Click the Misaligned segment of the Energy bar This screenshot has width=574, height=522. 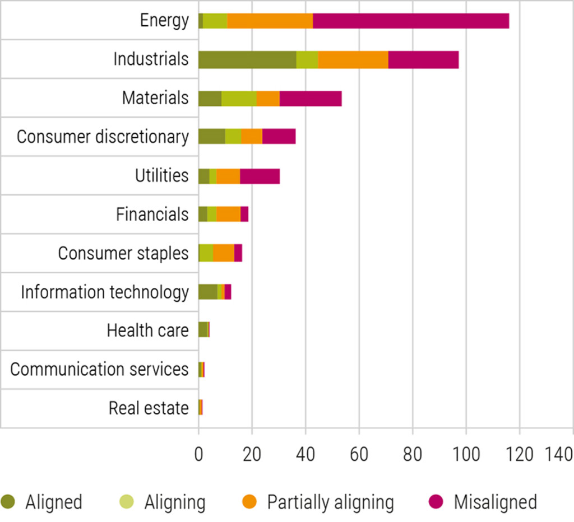(x=410, y=21)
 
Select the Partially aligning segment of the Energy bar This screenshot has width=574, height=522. (x=270, y=21)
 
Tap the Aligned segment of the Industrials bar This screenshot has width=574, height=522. (x=247, y=59)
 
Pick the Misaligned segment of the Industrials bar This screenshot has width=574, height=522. (x=423, y=59)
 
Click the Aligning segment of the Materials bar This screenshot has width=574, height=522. (x=239, y=98)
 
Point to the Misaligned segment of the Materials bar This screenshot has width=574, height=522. (x=311, y=98)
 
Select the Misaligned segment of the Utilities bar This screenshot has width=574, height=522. (x=260, y=176)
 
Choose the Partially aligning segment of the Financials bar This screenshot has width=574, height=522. (x=228, y=215)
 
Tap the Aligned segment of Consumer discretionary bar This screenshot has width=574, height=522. (x=211, y=137)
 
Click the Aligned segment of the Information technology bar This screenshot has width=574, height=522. (x=207, y=292)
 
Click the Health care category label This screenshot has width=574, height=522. (x=147, y=330)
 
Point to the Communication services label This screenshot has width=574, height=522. (x=99, y=369)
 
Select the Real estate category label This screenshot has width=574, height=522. (x=149, y=408)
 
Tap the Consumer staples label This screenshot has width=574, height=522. (x=123, y=253)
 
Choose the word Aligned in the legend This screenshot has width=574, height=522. (x=54, y=502)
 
